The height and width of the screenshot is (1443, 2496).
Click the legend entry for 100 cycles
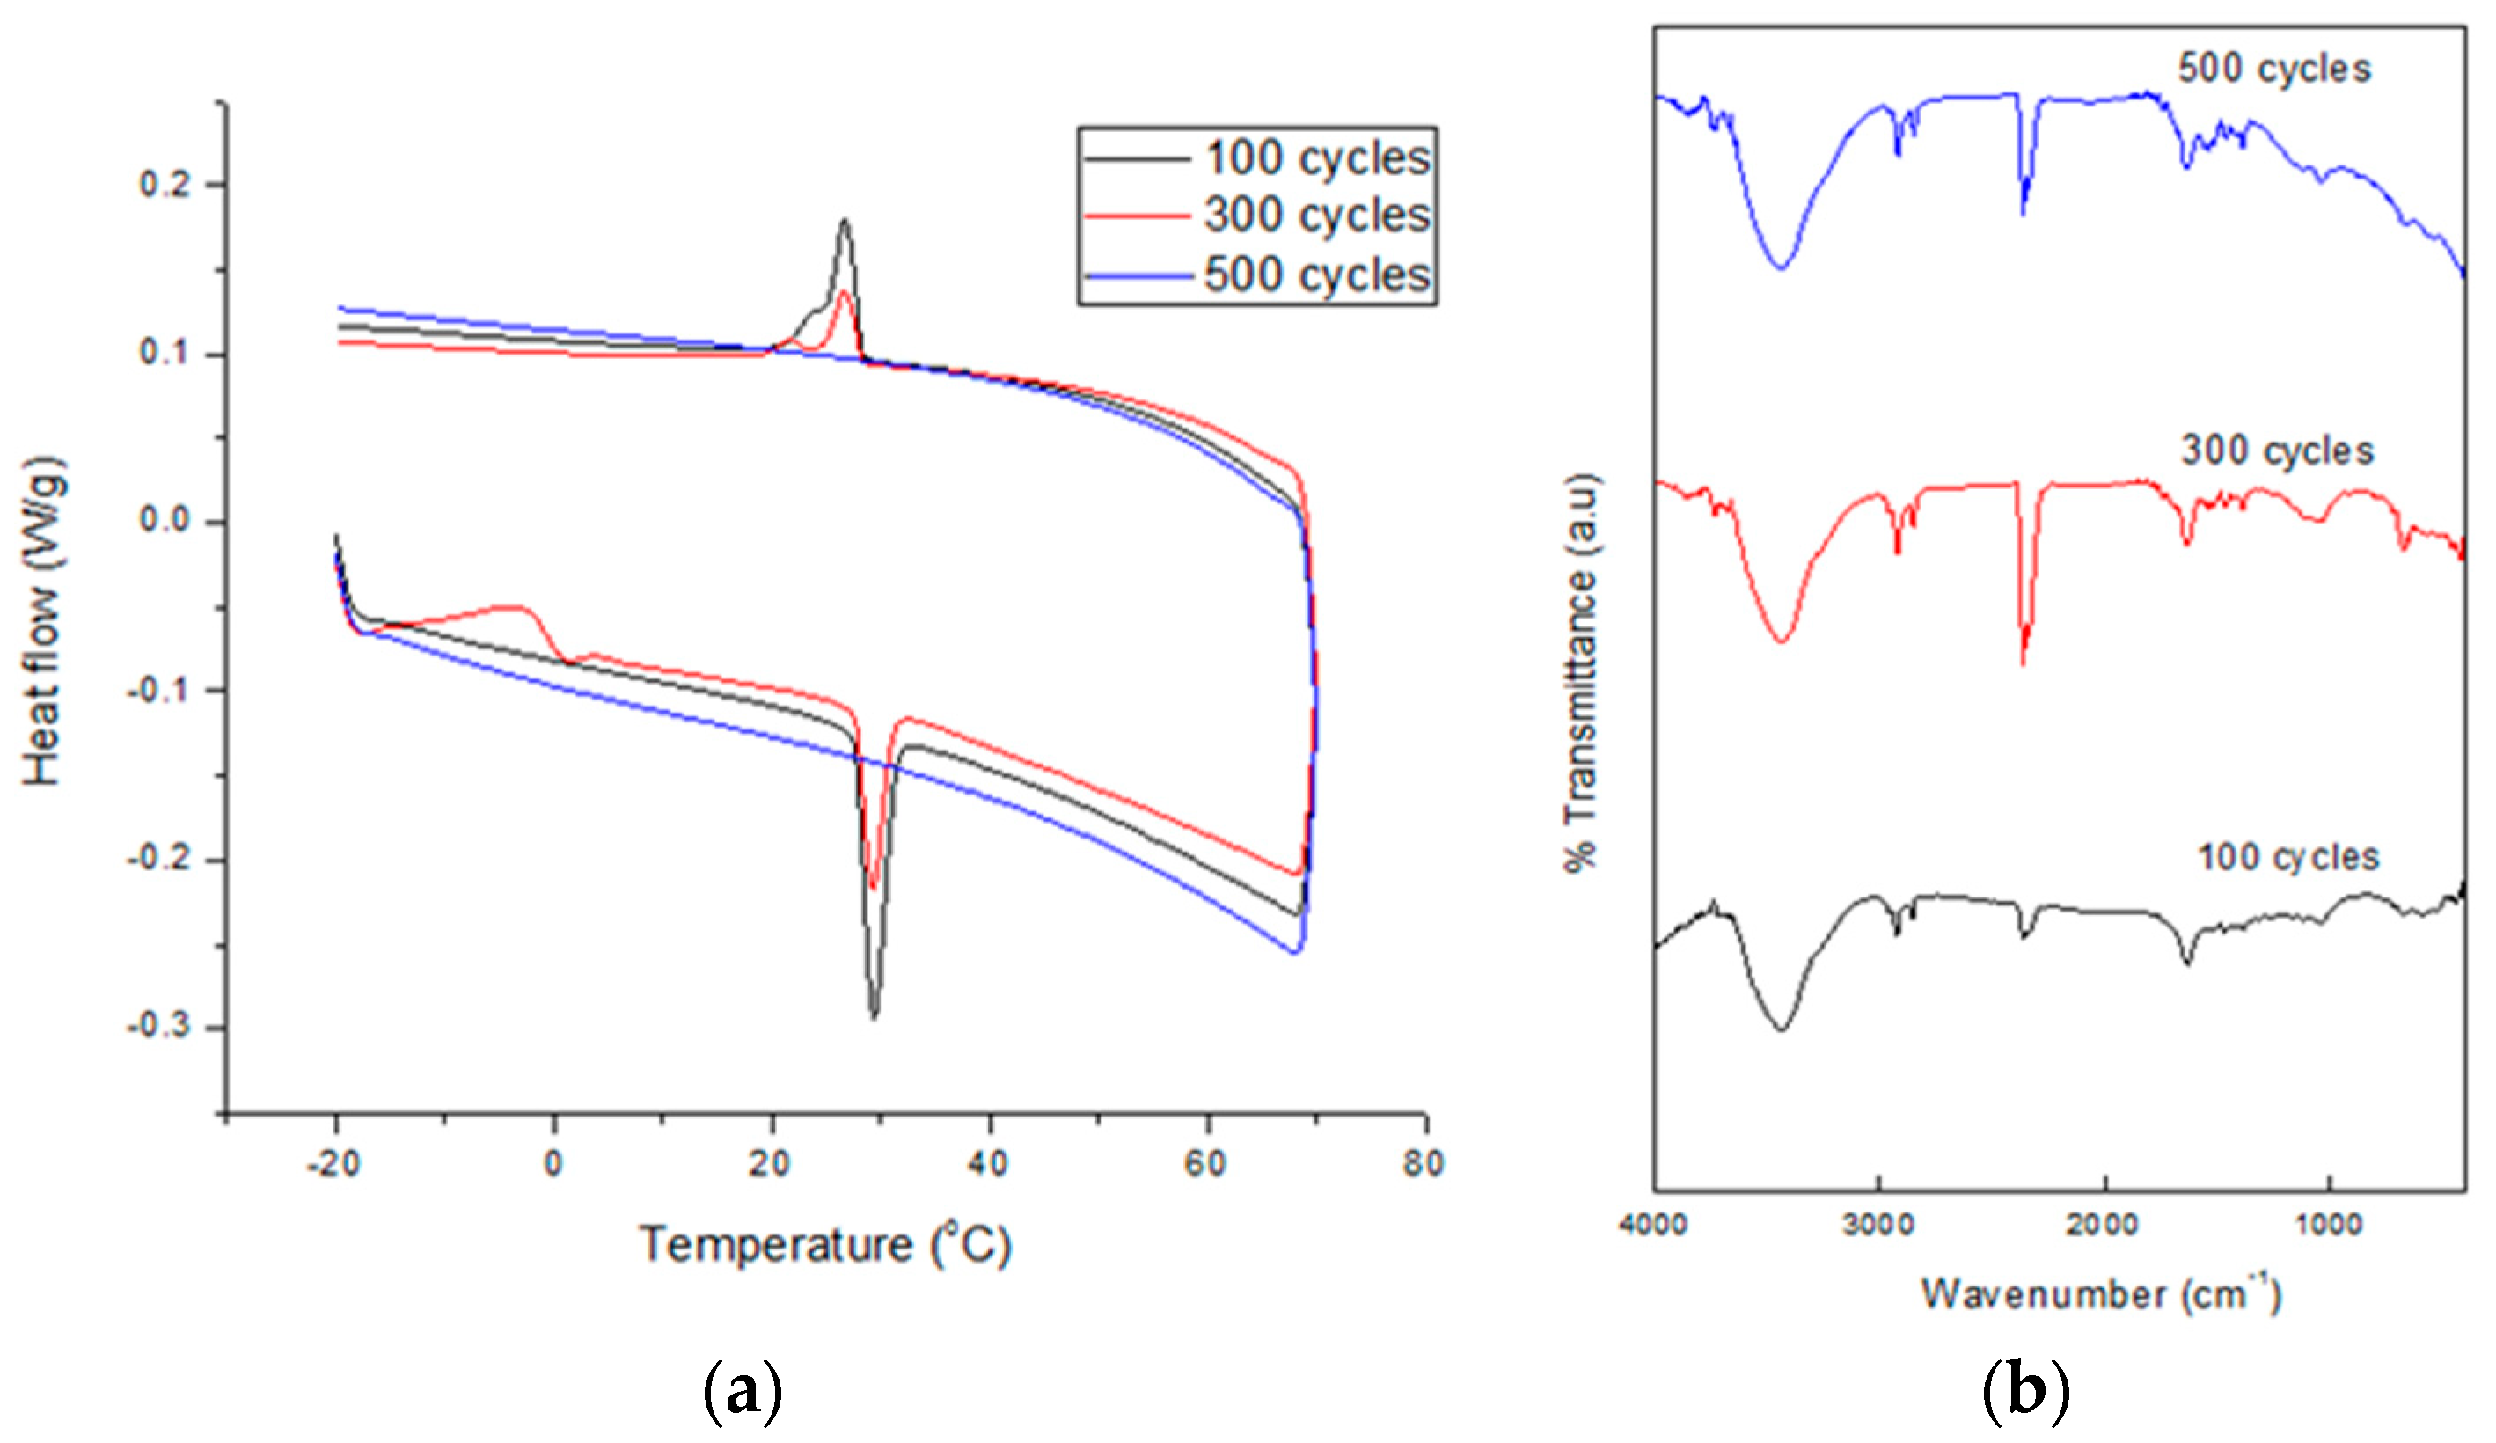click(1316, 158)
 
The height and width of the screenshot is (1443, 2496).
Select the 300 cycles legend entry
click(1316, 216)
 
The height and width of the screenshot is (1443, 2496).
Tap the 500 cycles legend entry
click(1316, 275)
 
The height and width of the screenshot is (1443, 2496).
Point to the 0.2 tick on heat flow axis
click(165, 185)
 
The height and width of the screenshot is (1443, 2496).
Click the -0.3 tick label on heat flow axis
click(158, 1026)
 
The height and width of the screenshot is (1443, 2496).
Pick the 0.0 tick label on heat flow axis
click(165, 521)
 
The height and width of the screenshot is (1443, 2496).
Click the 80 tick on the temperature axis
click(1424, 1164)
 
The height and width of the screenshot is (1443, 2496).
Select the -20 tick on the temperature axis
click(333, 1164)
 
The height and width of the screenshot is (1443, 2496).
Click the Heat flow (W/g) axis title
click(44, 621)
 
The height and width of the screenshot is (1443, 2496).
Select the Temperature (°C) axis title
click(825, 1245)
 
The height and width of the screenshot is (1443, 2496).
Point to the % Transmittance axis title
click(1581, 672)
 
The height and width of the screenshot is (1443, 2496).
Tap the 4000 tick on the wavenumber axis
click(1653, 1225)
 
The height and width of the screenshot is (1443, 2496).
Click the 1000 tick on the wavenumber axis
click(2329, 1225)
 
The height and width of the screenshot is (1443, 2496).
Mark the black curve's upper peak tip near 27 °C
click(844, 220)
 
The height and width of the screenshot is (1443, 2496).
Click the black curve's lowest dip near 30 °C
click(874, 1016)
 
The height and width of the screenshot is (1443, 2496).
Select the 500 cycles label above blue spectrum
click(2274, 70)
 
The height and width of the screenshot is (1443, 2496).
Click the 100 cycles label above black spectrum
click(2289, 857)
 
